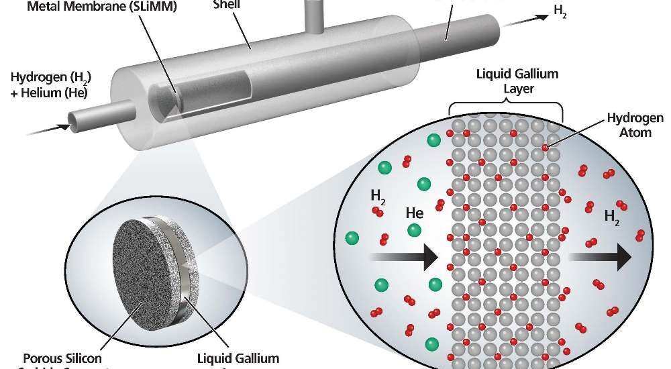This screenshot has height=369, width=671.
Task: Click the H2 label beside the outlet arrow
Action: point(559,11)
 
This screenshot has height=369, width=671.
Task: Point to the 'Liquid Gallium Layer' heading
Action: point(507,81)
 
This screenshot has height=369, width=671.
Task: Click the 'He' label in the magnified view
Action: point(414,214)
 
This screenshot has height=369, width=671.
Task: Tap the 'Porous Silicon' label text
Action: point(62,358)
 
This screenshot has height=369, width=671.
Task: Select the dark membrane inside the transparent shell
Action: point(166,101)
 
